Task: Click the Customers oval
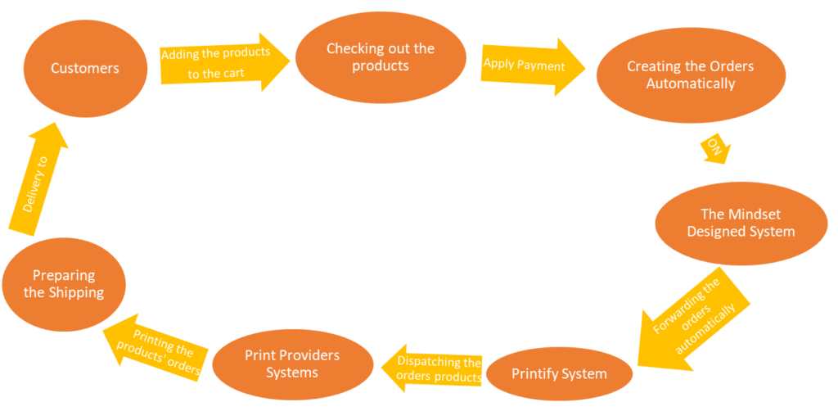pyautogui.click(x=85, y=70)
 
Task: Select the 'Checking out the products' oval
pyautogui.click(x=380, y=58)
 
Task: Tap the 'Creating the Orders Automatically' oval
pyautogui.click(x=690, y=75)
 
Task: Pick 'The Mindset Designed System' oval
pyautogui.click(x=741, y=223)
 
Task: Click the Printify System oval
pyautogui.click(x=559, y=374)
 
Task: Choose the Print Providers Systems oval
pyautogui.click(x=292, y=364)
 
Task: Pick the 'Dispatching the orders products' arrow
pyautogui.click(x=431, y=369)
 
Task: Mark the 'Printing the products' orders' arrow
pyautogui.click(x=156, y=347)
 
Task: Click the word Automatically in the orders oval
pyautogui.click(x=690, y=84)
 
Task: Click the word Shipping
pyautogui.click(x=76, y=292)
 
